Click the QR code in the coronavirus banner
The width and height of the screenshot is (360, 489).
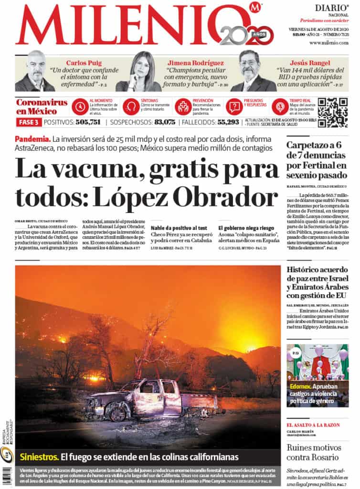tap(332, 112)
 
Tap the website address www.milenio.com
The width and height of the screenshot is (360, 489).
tap(328, 43)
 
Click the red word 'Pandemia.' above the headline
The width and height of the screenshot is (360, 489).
tap(32, 139)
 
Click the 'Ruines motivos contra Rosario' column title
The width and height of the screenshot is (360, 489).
tap(314, 452)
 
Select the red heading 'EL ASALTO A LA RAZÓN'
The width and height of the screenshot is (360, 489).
tap(313, 425)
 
